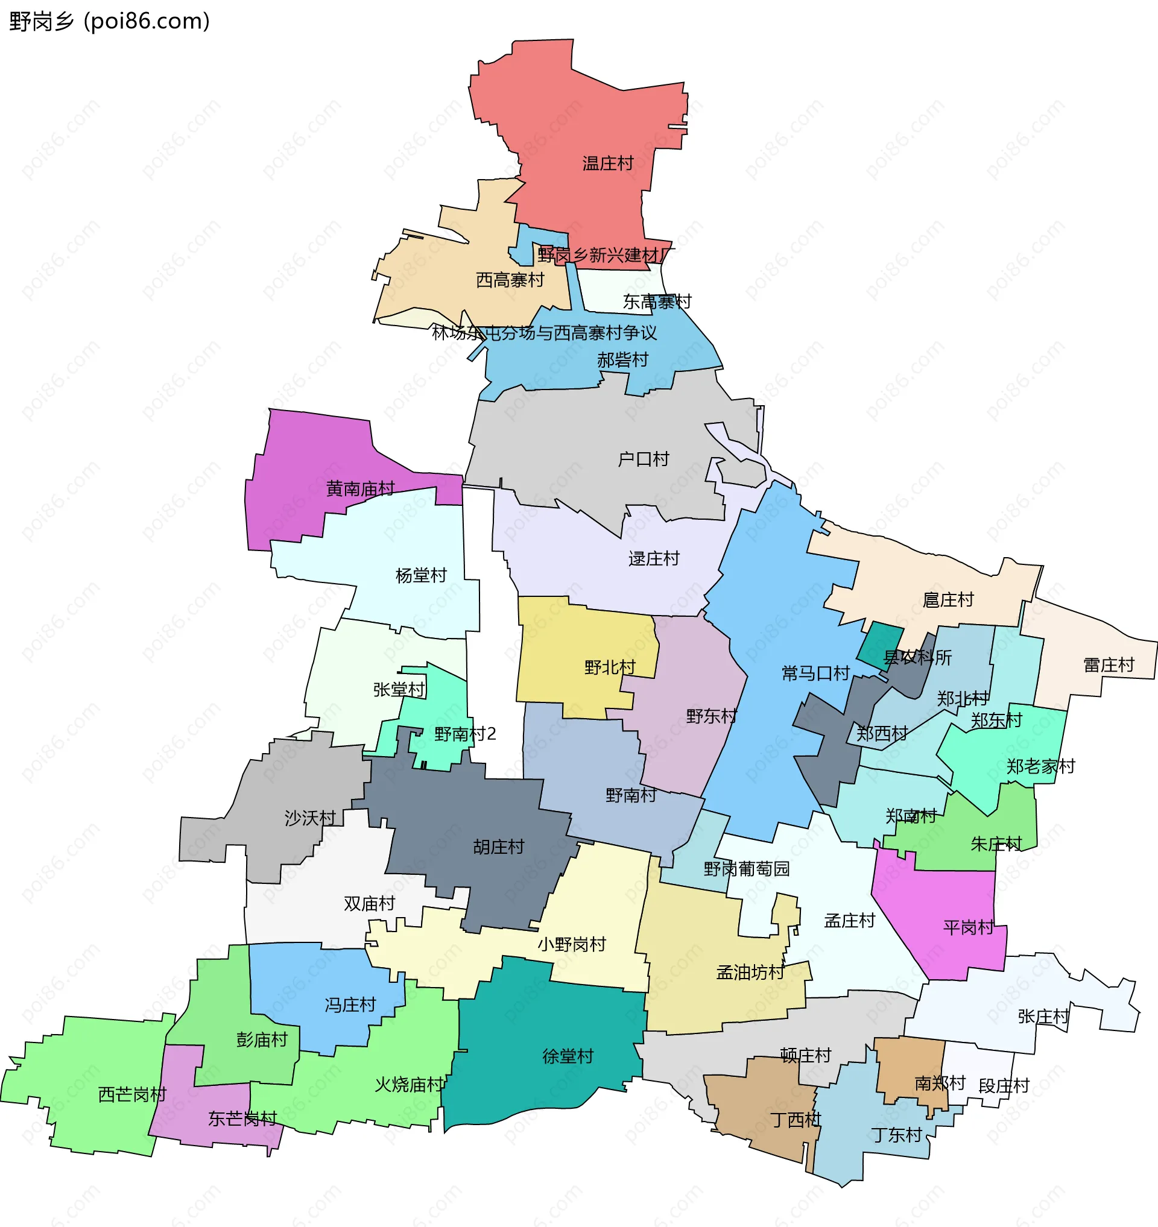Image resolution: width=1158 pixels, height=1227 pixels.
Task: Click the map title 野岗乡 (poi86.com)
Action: tap(110, 22)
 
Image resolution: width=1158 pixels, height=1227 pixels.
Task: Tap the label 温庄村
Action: tap(608, 163)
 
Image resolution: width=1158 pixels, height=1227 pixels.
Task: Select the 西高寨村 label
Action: tap(510, 280)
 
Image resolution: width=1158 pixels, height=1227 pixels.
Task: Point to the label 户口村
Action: tap(643, 459)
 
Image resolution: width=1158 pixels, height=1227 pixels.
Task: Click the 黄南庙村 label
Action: tap(361, 489)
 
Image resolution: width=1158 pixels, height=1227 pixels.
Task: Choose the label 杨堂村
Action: tap(421, 575)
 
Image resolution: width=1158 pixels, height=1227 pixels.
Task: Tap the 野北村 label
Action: tap(610, 667)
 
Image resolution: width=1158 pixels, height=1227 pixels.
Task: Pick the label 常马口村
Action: tap(815, 673)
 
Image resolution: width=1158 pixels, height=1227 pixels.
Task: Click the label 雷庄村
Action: tap(1109, 664)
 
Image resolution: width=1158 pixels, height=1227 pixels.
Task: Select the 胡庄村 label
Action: tap(498, 847)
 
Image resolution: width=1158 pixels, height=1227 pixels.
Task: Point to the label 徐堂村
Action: tap(568, 1056)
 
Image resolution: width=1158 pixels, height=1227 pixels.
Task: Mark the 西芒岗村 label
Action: tap(132, 1094)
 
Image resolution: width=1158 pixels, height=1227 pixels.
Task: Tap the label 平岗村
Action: tap(968, 928)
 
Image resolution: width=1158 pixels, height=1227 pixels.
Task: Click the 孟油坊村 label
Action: tap(750, 972)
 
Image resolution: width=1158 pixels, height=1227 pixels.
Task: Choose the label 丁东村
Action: tap(896, 1134)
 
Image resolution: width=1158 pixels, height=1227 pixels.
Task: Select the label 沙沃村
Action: tap(310, 818)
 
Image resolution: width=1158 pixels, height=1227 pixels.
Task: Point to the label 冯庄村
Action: tap(350, 1005)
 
